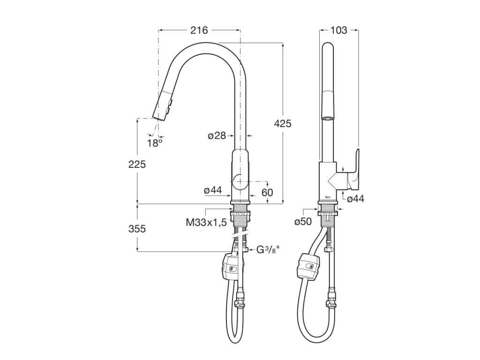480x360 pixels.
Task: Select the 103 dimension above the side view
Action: (x=339, y=30)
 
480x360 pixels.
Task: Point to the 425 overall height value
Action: (x=283, y=123)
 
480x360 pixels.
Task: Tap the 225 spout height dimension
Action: (x=137, y=165)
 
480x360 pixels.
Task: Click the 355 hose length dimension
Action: (x=137, y=229)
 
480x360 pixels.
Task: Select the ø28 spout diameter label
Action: (x=217, y=135)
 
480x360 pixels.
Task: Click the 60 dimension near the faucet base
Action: (x=267, y=193)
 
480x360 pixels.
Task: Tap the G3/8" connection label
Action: (x=268, y=250)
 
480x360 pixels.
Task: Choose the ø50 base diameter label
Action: (x=303, y=222)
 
